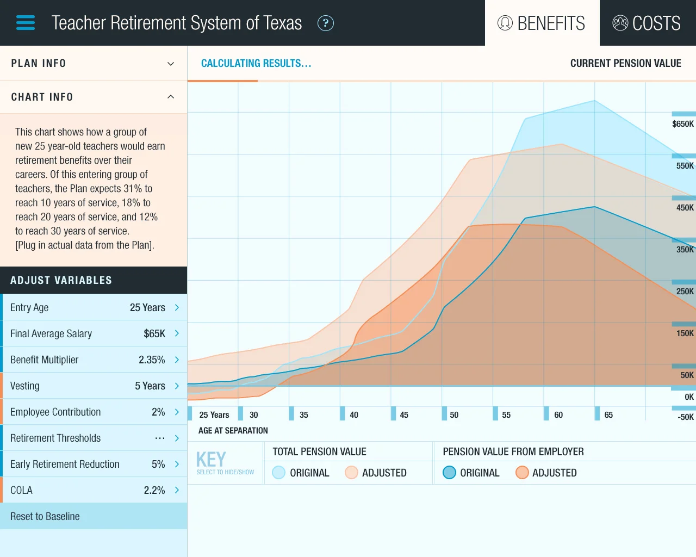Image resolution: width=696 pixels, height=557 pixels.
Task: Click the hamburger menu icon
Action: [x=26, y=23]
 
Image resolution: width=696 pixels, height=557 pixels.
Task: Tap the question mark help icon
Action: [x=325, y=23]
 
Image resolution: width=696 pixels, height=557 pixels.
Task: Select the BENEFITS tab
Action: [x=542, y=23]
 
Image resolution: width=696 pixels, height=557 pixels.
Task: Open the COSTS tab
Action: [x=647, y=23]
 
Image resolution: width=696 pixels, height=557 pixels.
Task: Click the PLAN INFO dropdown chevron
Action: [x=171, y=64]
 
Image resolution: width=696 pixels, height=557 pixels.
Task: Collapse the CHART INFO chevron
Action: [x=171, y=97]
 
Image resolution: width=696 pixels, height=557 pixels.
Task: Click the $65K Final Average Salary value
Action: [x=154, y=333]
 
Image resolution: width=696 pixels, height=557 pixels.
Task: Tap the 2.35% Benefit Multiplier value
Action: [x=152, y=360]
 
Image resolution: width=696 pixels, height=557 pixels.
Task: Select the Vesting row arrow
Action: [x=177, y=386]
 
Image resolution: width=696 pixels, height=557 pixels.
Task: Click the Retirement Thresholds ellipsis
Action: [x=159, y=438]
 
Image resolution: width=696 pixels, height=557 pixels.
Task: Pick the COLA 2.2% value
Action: [x=154, y=490]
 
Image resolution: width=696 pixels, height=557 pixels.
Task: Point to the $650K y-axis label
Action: [x=682, y=124]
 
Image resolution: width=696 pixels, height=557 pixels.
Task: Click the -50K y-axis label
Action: [x=685, y=417]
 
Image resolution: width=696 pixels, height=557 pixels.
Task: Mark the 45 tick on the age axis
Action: [x=404, y=415]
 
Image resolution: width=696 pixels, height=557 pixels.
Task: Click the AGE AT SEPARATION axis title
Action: [x=233, y=431]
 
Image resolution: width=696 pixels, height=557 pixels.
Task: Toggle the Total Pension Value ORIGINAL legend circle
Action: [x=278, y=473]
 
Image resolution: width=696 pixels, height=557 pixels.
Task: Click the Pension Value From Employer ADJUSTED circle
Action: [x=522, y=473]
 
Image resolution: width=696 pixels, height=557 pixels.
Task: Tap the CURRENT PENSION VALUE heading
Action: [x=625, y=64]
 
